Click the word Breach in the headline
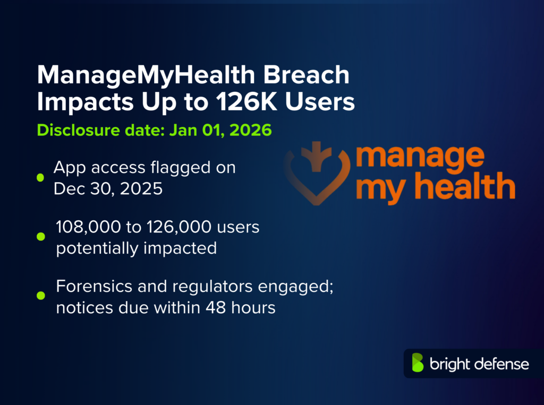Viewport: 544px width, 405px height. click(307, 75)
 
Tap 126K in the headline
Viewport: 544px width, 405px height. click(246, 101)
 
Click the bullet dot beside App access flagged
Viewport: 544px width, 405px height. click(40, 177)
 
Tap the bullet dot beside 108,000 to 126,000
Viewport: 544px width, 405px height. click(40, 237)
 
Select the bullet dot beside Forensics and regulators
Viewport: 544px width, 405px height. click(40, 296)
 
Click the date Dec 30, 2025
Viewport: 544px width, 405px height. click(108, 189)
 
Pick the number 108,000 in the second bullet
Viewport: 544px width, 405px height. click(89, 227)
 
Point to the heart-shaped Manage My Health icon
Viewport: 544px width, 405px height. click(317, 173)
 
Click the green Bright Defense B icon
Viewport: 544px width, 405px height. click(418, 363)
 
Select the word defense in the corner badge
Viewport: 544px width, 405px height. click(501, 364)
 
